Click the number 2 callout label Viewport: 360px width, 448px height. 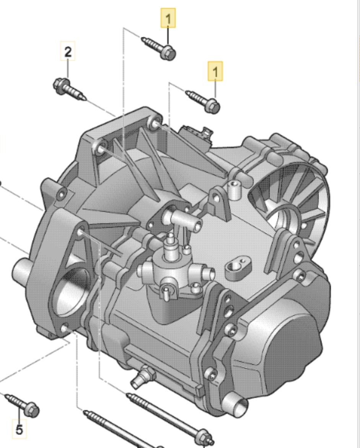click(x=68, y=51)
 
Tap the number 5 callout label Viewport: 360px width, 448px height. click(x=19, y=429)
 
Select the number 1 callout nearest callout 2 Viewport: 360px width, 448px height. click(x=168, y=18)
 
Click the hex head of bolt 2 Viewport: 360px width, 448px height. click(x=60, y=85)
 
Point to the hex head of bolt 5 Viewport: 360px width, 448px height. click(x=31, y=410)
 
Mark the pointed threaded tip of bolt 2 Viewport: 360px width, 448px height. click(x=85, y=98)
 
